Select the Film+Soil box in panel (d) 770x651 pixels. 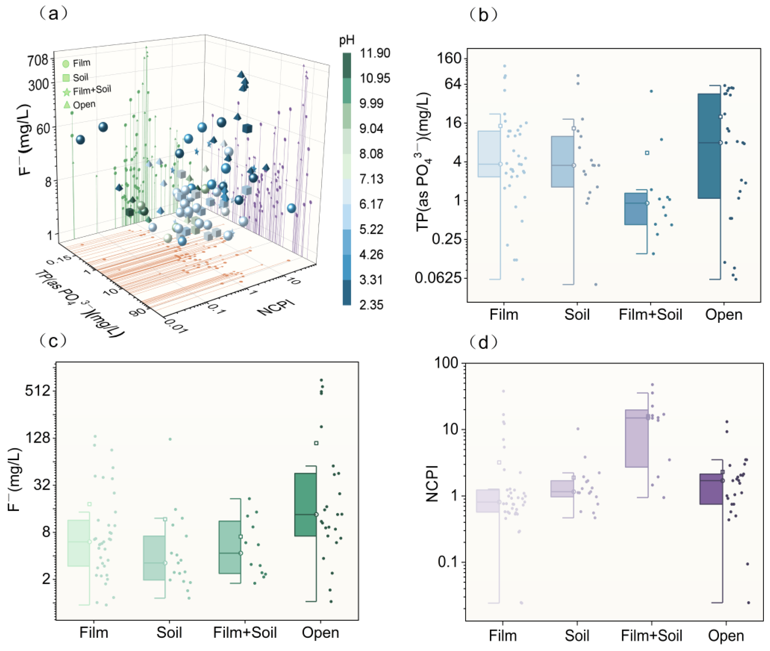pyautogui.click(x=637, y=438)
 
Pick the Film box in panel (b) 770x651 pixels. pyautogui.click(x=489, y=154)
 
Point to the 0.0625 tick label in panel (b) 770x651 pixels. pyautogui.click(x=438, y=278)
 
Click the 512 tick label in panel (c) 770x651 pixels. pyautogui.click(x=38, y=390)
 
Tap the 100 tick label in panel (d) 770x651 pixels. pyautogui.click(x=446, y=363)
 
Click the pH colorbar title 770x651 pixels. pyautogui.click(x=347, y=40)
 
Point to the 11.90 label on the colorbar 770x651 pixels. pyautogui.click(x=375, y=53)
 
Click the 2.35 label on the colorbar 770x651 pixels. pyautogui.click(x=371, y=305)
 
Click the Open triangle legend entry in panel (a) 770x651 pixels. pyautogui.click(x=80, y=105)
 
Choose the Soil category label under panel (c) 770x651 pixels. pyautogui.click(x=169, y=633)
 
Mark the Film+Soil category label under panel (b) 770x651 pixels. pyautogui.click(x=650, y=314)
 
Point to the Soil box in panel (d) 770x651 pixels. pyautogui.click(x=562, y=489)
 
